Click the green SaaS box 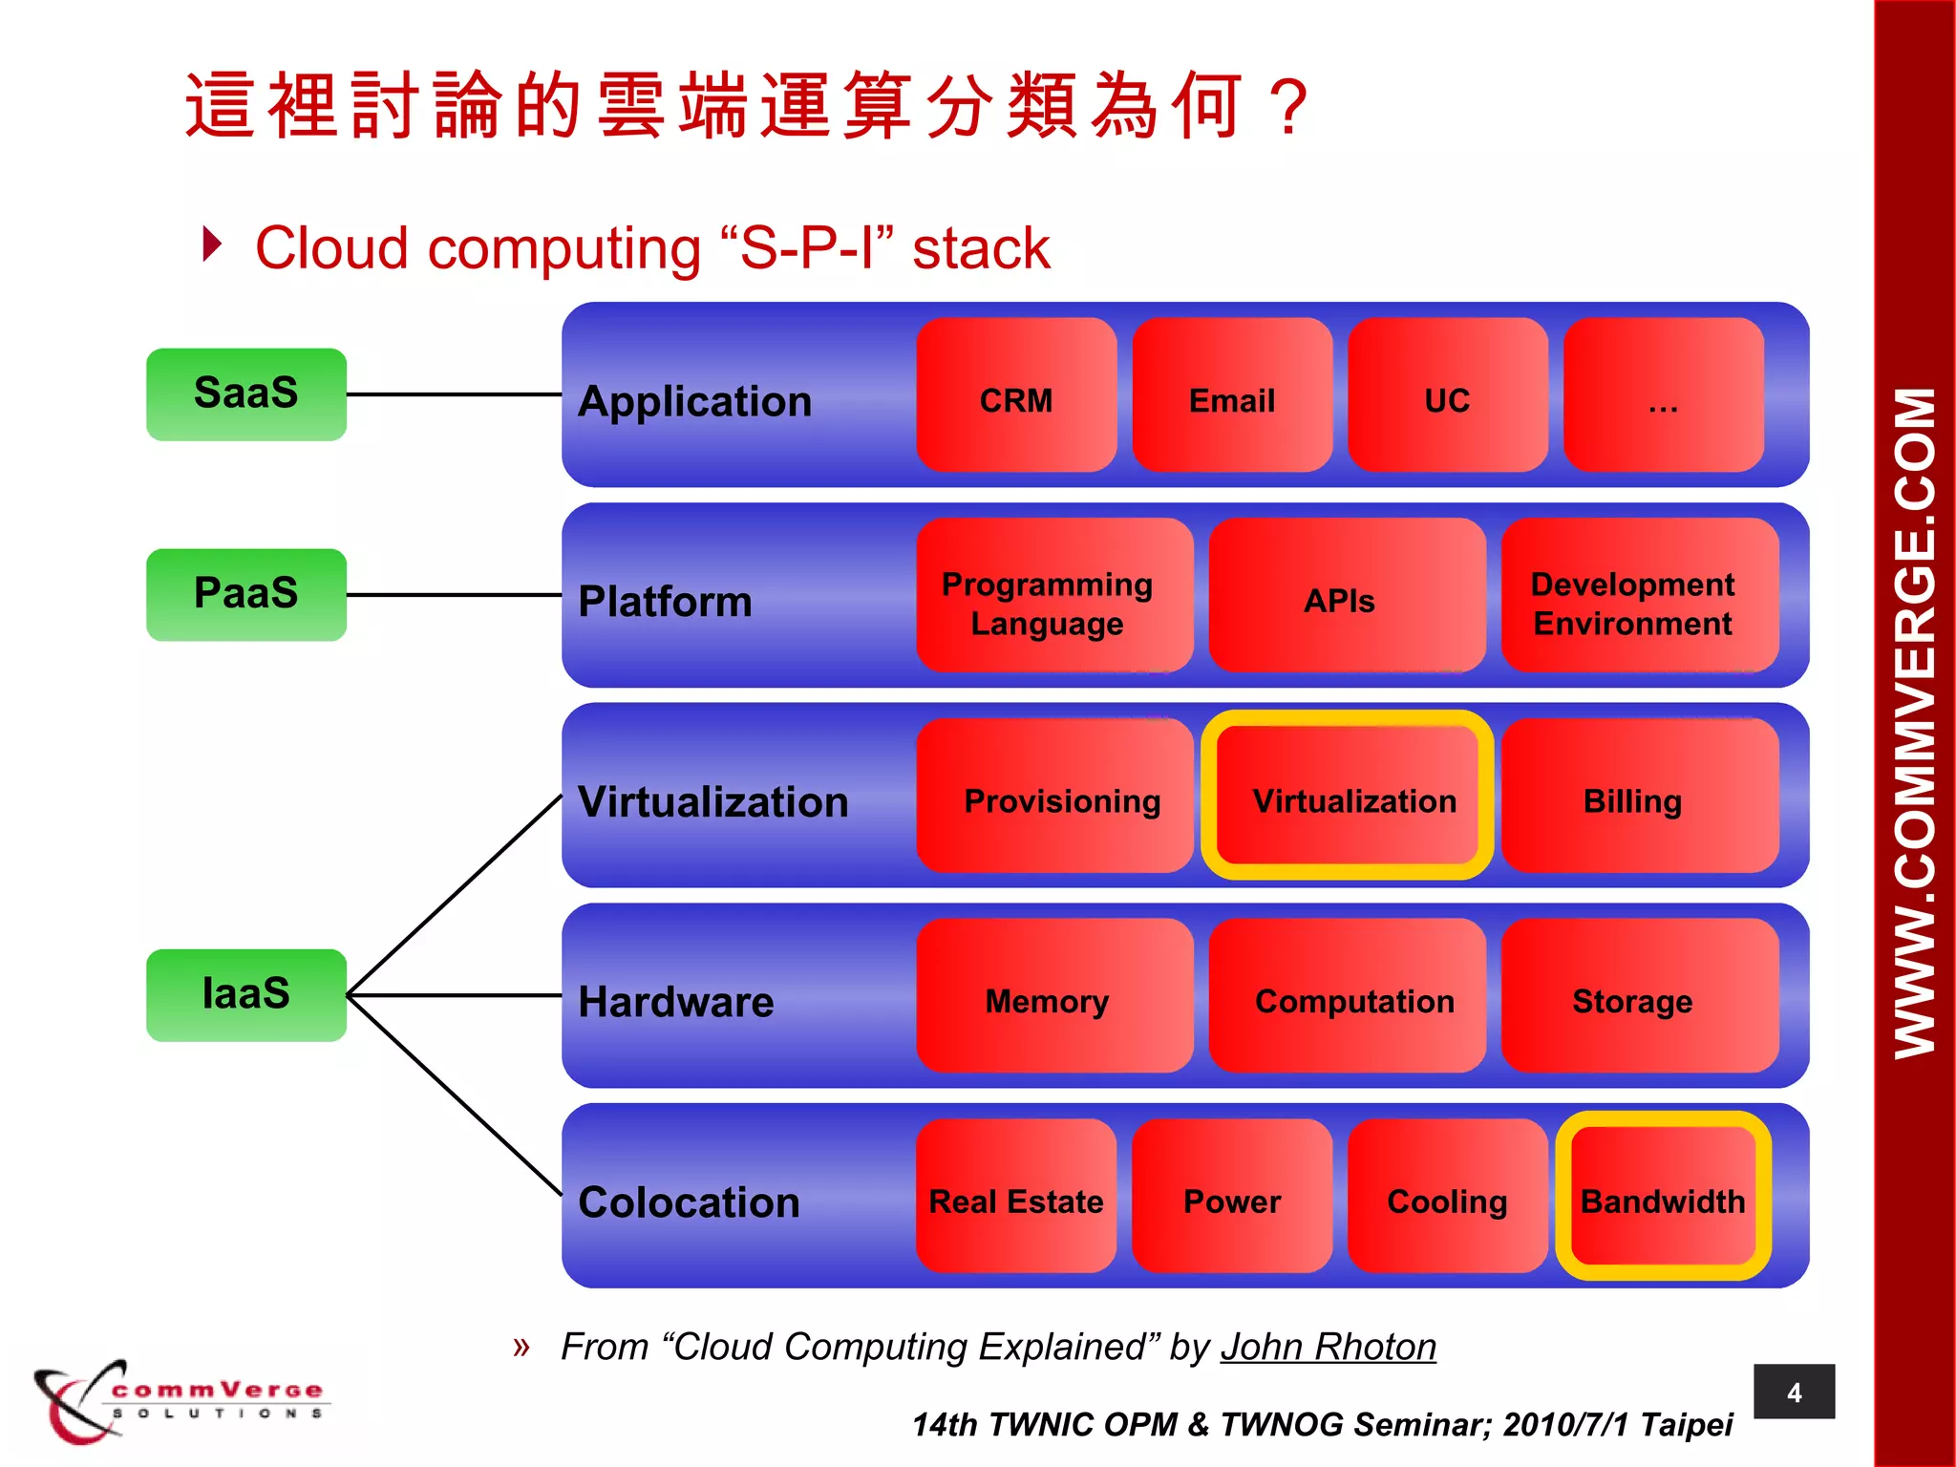click(x=245, y=393)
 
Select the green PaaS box click(x=245, y=594)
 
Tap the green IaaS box click(x=245, y=994)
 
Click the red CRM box click(x=1016, y=394)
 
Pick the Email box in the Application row click(x=1232, y=394)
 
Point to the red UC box click(x=1447, y=394)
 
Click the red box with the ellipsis click(x=1663, y=394)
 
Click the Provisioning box click(x=1054, y=796)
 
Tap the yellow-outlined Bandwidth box click(x=1663, y=1196)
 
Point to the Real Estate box click(x=1016, y=1196)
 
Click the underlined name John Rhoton click(x=1328, y=1347)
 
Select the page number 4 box click(x=1794, y=1392)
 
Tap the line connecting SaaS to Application click(x=454, y=393)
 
